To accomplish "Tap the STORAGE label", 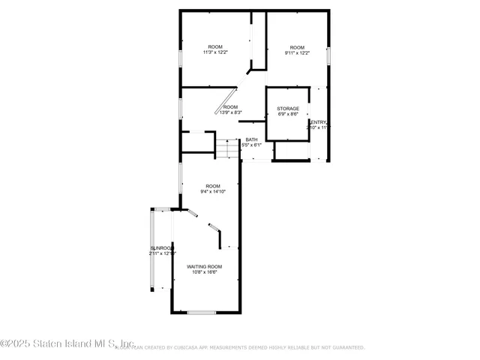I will pos(288,109).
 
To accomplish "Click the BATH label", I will pos(251,139).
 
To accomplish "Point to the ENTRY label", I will pos(318,122).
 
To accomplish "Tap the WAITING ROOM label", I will pos(205,267).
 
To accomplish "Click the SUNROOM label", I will pos(161,248).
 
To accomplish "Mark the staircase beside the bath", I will pos(226,149).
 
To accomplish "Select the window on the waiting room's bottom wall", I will pos(200,312).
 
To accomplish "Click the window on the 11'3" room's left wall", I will pos(179,59).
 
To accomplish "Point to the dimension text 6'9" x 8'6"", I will pos(288,114).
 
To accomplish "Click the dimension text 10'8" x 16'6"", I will pos(205,272).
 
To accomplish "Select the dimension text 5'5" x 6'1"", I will pos(251,145).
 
